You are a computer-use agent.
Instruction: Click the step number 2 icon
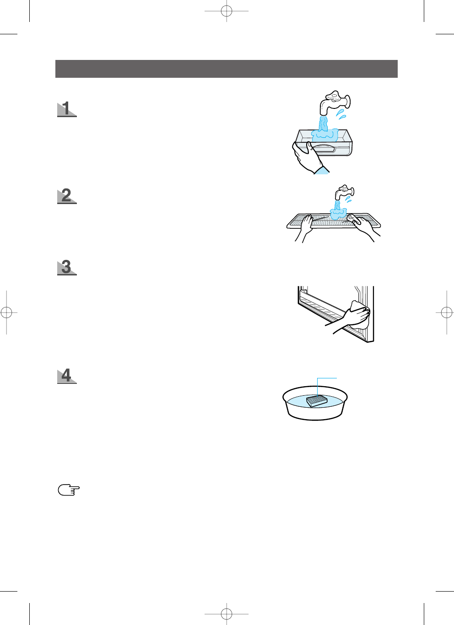pos(67,196)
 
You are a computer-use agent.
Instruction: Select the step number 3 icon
pos(67,267)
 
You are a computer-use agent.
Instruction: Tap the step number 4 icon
pos(67,376)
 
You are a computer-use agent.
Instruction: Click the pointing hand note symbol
pos(69,490)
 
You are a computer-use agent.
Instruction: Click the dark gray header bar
pos(226,69)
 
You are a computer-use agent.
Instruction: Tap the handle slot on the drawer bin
pos(322,148)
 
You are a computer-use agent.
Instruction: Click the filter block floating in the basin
pos(317,401)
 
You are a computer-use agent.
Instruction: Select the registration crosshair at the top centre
pos(227,11)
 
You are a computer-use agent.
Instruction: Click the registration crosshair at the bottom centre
pos(227,614)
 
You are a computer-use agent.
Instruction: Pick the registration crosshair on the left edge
pos(6,312)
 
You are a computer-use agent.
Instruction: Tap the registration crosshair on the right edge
pos(447,312)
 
